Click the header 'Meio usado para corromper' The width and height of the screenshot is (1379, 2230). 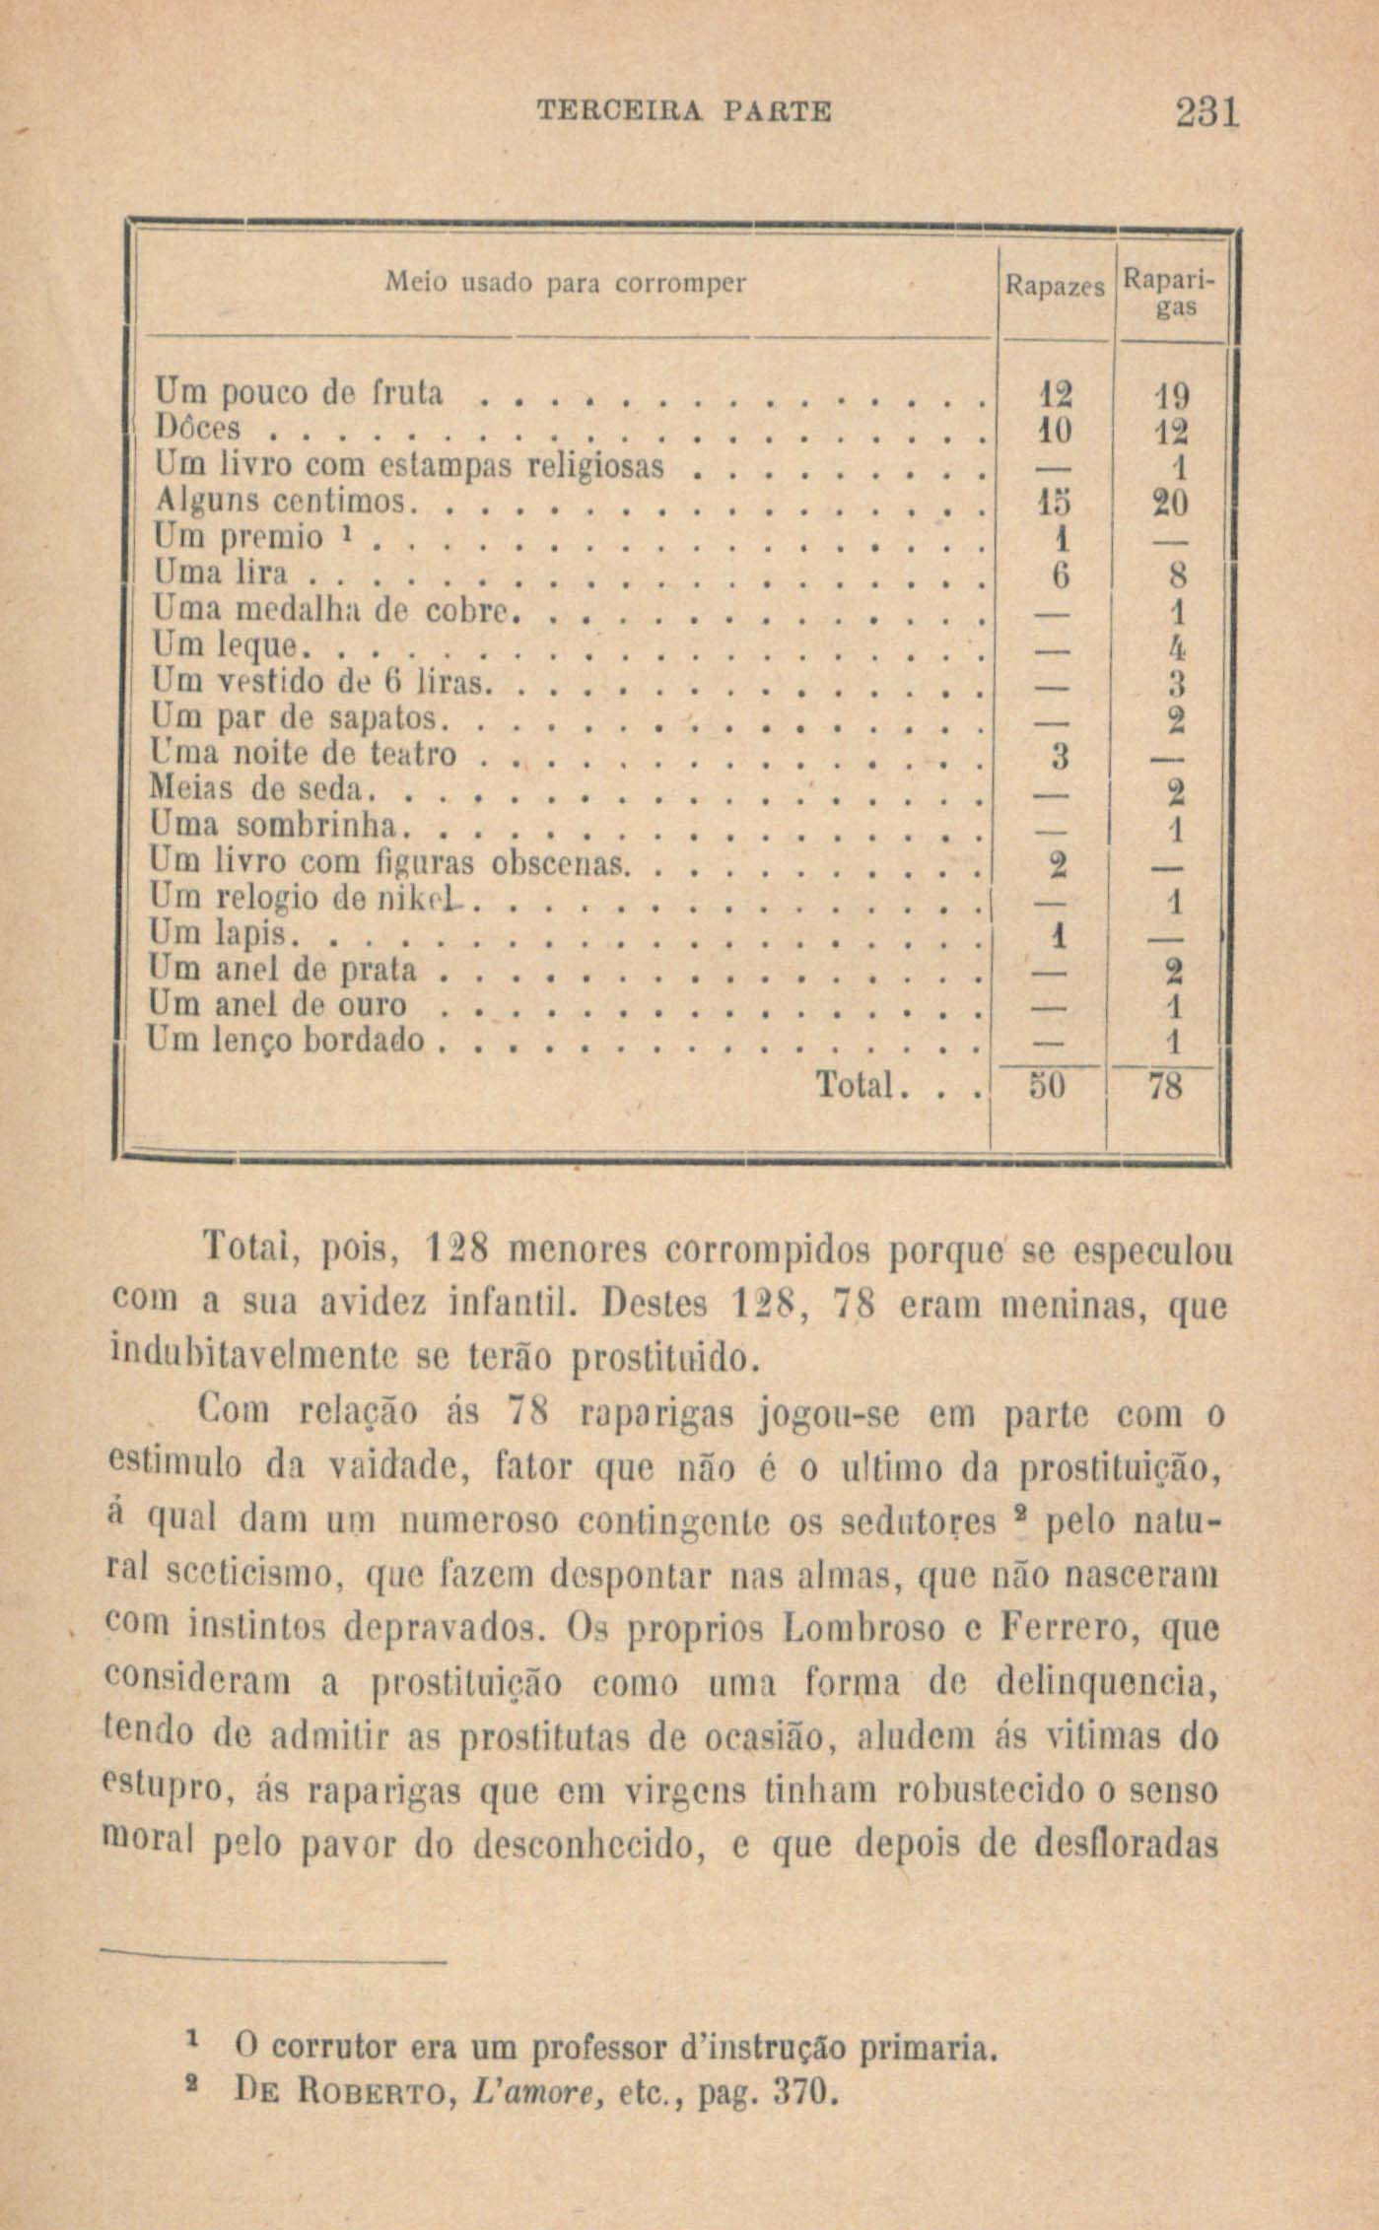coord(566,284)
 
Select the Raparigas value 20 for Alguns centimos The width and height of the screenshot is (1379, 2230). coord(1170,503)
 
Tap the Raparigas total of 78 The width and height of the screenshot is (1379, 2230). coord(1166,1087)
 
